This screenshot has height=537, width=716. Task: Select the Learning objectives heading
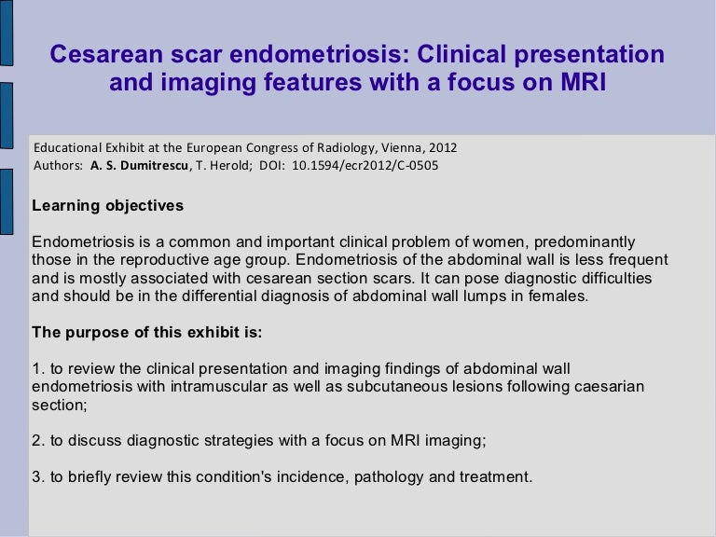click(x=107, y=205)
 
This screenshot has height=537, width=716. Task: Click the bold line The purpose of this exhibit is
click(x=135, y=333)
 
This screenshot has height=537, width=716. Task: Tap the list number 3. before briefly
click(x=38, y=478)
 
